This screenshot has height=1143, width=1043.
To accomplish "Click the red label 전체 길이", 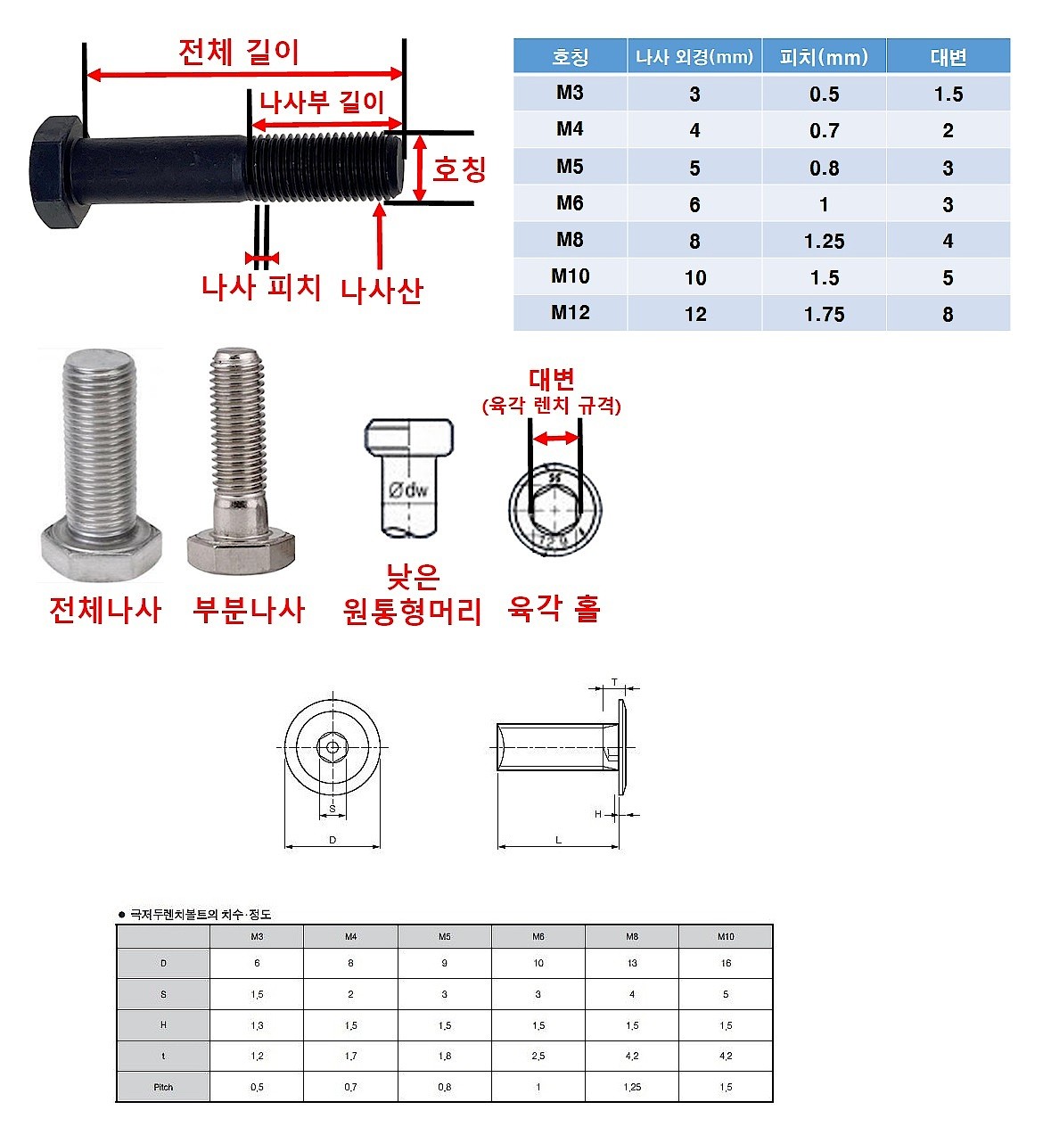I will tap(238, 52).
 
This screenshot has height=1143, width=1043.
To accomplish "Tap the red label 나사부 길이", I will tap(322, 102).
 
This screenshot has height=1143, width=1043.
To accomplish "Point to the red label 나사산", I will tap(382, 290).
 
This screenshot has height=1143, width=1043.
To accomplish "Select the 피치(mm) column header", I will tap(824, 57).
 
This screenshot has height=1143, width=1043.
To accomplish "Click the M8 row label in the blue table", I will tap(570, 240).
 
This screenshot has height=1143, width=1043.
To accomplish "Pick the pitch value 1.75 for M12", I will tap(824, 314).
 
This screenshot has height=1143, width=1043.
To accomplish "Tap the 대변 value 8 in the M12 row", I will tap(948, 314).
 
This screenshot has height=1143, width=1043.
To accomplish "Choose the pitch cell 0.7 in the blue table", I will tap(824, 131).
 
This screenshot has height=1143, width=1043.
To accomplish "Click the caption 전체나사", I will tap(105, 610).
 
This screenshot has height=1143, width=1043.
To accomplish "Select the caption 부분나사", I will tap(249, 610).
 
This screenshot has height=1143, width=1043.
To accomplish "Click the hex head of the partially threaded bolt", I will tap(241, 553).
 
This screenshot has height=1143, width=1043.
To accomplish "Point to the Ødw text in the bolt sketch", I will tap(408, 489).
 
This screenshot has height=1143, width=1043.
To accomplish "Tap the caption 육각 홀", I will tap(554, 609).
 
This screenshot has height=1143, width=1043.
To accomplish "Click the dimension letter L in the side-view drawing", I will tap(559, 840).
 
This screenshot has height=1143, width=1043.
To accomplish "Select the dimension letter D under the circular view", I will tap(333, 840).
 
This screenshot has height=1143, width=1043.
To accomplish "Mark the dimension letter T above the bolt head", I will tap(614, 682).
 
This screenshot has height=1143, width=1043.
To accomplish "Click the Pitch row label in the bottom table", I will tap(163, 1087).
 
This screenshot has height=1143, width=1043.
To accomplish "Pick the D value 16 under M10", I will tap(726, 963).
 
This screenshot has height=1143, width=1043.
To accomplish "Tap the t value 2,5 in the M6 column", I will tap(538, 1056).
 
